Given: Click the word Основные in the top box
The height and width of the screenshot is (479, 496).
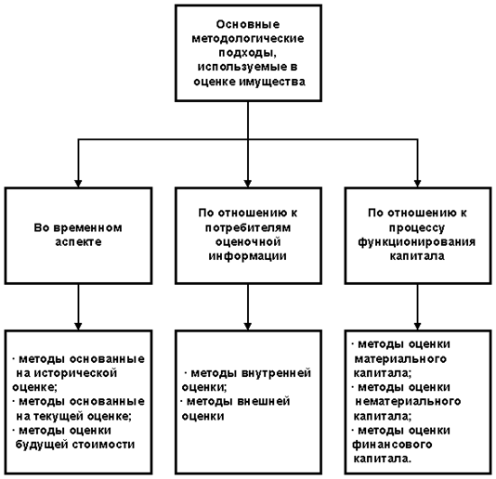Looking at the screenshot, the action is coord(248,24).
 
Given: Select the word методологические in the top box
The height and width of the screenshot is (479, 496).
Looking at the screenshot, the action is coord(248,39).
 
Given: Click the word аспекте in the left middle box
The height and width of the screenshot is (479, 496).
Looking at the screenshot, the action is coord(78,242).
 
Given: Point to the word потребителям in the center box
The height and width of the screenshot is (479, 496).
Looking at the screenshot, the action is coord(248,227).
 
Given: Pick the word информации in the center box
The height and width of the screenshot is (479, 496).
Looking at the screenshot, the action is coord(248,256).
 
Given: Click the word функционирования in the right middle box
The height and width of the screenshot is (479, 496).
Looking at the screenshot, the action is coord(417,242).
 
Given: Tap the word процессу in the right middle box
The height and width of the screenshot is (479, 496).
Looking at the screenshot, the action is coord(417,228).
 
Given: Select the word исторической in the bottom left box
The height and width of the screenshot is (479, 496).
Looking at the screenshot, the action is coord(75,373).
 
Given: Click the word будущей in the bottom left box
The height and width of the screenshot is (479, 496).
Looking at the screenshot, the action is coord(42,445).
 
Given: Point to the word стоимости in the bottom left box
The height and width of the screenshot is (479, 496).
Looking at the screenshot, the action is coord(103,445).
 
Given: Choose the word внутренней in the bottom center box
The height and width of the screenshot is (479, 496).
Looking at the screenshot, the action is coord(276,373).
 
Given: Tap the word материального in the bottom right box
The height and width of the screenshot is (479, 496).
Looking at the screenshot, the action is coord(400,359).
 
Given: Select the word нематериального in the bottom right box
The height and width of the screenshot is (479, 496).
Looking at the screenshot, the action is coord(408,402).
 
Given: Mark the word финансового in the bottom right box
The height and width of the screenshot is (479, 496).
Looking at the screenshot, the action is coord(392,445).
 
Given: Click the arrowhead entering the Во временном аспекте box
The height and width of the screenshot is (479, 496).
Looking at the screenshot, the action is coord(78,184).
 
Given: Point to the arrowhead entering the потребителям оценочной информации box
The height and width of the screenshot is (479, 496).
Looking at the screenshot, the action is coord(248,184).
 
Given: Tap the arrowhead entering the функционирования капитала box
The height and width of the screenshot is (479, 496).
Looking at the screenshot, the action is coord(418,184).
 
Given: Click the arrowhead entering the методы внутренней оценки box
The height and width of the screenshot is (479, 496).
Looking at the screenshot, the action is coord(248,327).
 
